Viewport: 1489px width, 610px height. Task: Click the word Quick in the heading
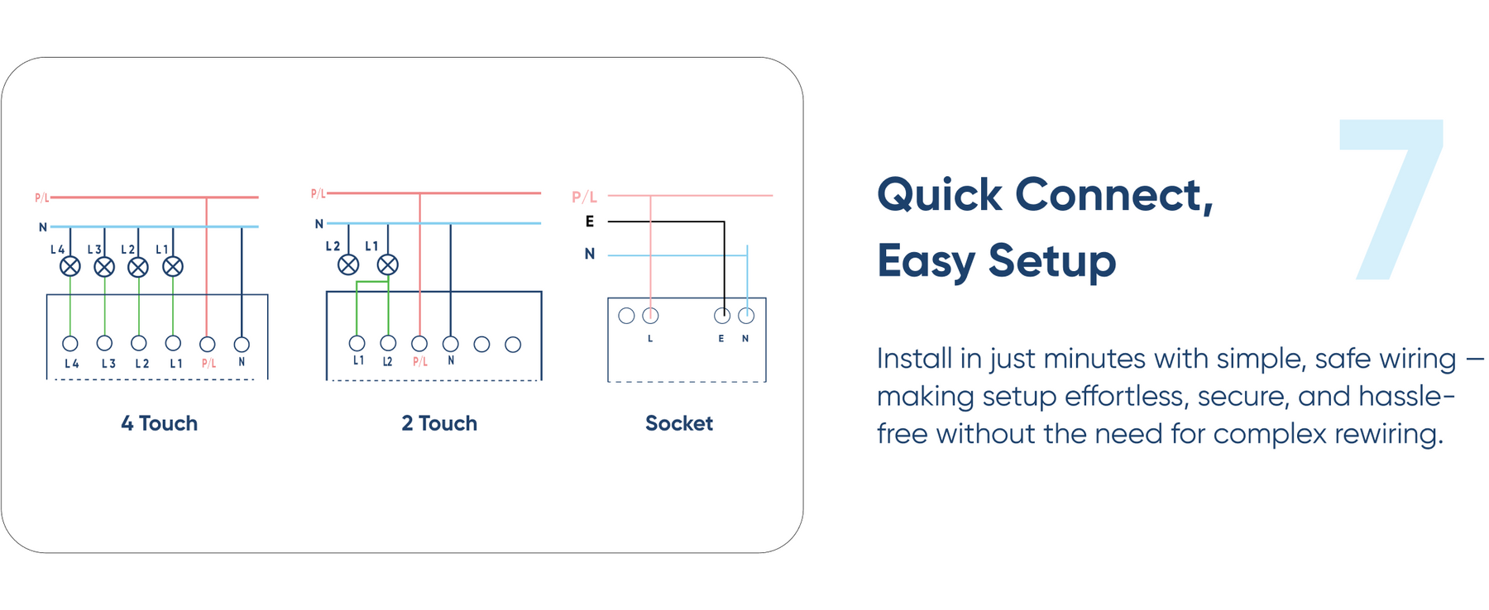tap(940, 196)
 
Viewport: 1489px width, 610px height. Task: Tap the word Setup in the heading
tap(1051, 261)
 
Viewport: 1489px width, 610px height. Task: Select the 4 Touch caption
tap(160, 423)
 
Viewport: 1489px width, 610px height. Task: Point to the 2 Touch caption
tap(439, 423)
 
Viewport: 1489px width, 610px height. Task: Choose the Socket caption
tap(678, 423)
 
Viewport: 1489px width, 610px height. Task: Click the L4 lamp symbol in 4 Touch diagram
tap(70, 266)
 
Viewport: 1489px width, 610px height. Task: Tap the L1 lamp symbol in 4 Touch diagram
tap(172, 266)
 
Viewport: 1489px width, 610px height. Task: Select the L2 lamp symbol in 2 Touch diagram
tap(348, 264)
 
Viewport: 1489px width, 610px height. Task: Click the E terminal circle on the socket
tap(722, 316)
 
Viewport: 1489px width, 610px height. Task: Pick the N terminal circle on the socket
tap(746, 316)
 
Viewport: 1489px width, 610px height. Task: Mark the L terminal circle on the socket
tap(651, 316)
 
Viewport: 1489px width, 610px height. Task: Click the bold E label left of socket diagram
tap(590, 222)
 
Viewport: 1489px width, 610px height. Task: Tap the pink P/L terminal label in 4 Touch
tap(208, 363)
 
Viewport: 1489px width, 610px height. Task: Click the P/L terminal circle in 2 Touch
tap(419, 344)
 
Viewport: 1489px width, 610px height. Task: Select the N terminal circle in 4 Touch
tap(242, 344)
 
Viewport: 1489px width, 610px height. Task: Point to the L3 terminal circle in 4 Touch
tap(104, 343)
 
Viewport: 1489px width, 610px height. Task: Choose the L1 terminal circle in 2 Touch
tap(357, 343)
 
